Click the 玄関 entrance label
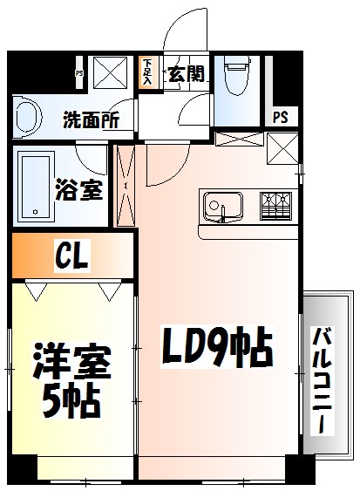186,74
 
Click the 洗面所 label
92,120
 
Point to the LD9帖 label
218,349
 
